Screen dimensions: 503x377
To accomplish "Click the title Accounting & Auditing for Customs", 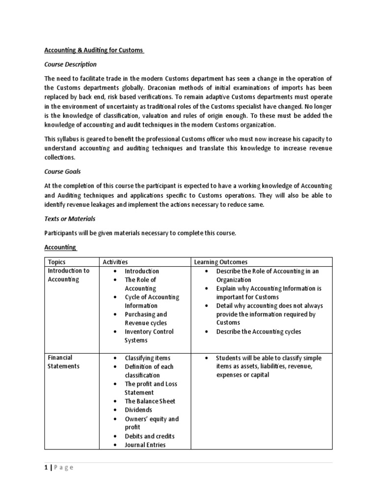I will point(94,50).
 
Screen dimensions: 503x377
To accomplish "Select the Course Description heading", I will point(70,64).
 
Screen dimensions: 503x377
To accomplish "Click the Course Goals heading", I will point(63,171).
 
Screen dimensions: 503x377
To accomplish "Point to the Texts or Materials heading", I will point(70,219).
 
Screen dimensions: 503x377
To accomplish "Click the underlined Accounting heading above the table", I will point(60,248).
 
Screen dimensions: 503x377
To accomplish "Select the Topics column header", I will point(56,262).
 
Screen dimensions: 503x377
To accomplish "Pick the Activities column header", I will point(114,262).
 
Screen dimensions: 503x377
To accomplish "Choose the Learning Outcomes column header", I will point(221,262).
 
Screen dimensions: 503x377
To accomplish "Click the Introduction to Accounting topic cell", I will point(68,275).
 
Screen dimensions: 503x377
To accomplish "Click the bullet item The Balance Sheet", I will point(150,401).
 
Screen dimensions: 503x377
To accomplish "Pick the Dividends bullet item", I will point(138,410).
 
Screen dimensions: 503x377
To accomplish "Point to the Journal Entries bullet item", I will point(145,445).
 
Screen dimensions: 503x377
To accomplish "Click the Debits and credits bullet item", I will point(149,436).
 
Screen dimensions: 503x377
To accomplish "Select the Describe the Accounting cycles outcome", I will point(259,332).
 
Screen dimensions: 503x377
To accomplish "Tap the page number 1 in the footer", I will point(46,468).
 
